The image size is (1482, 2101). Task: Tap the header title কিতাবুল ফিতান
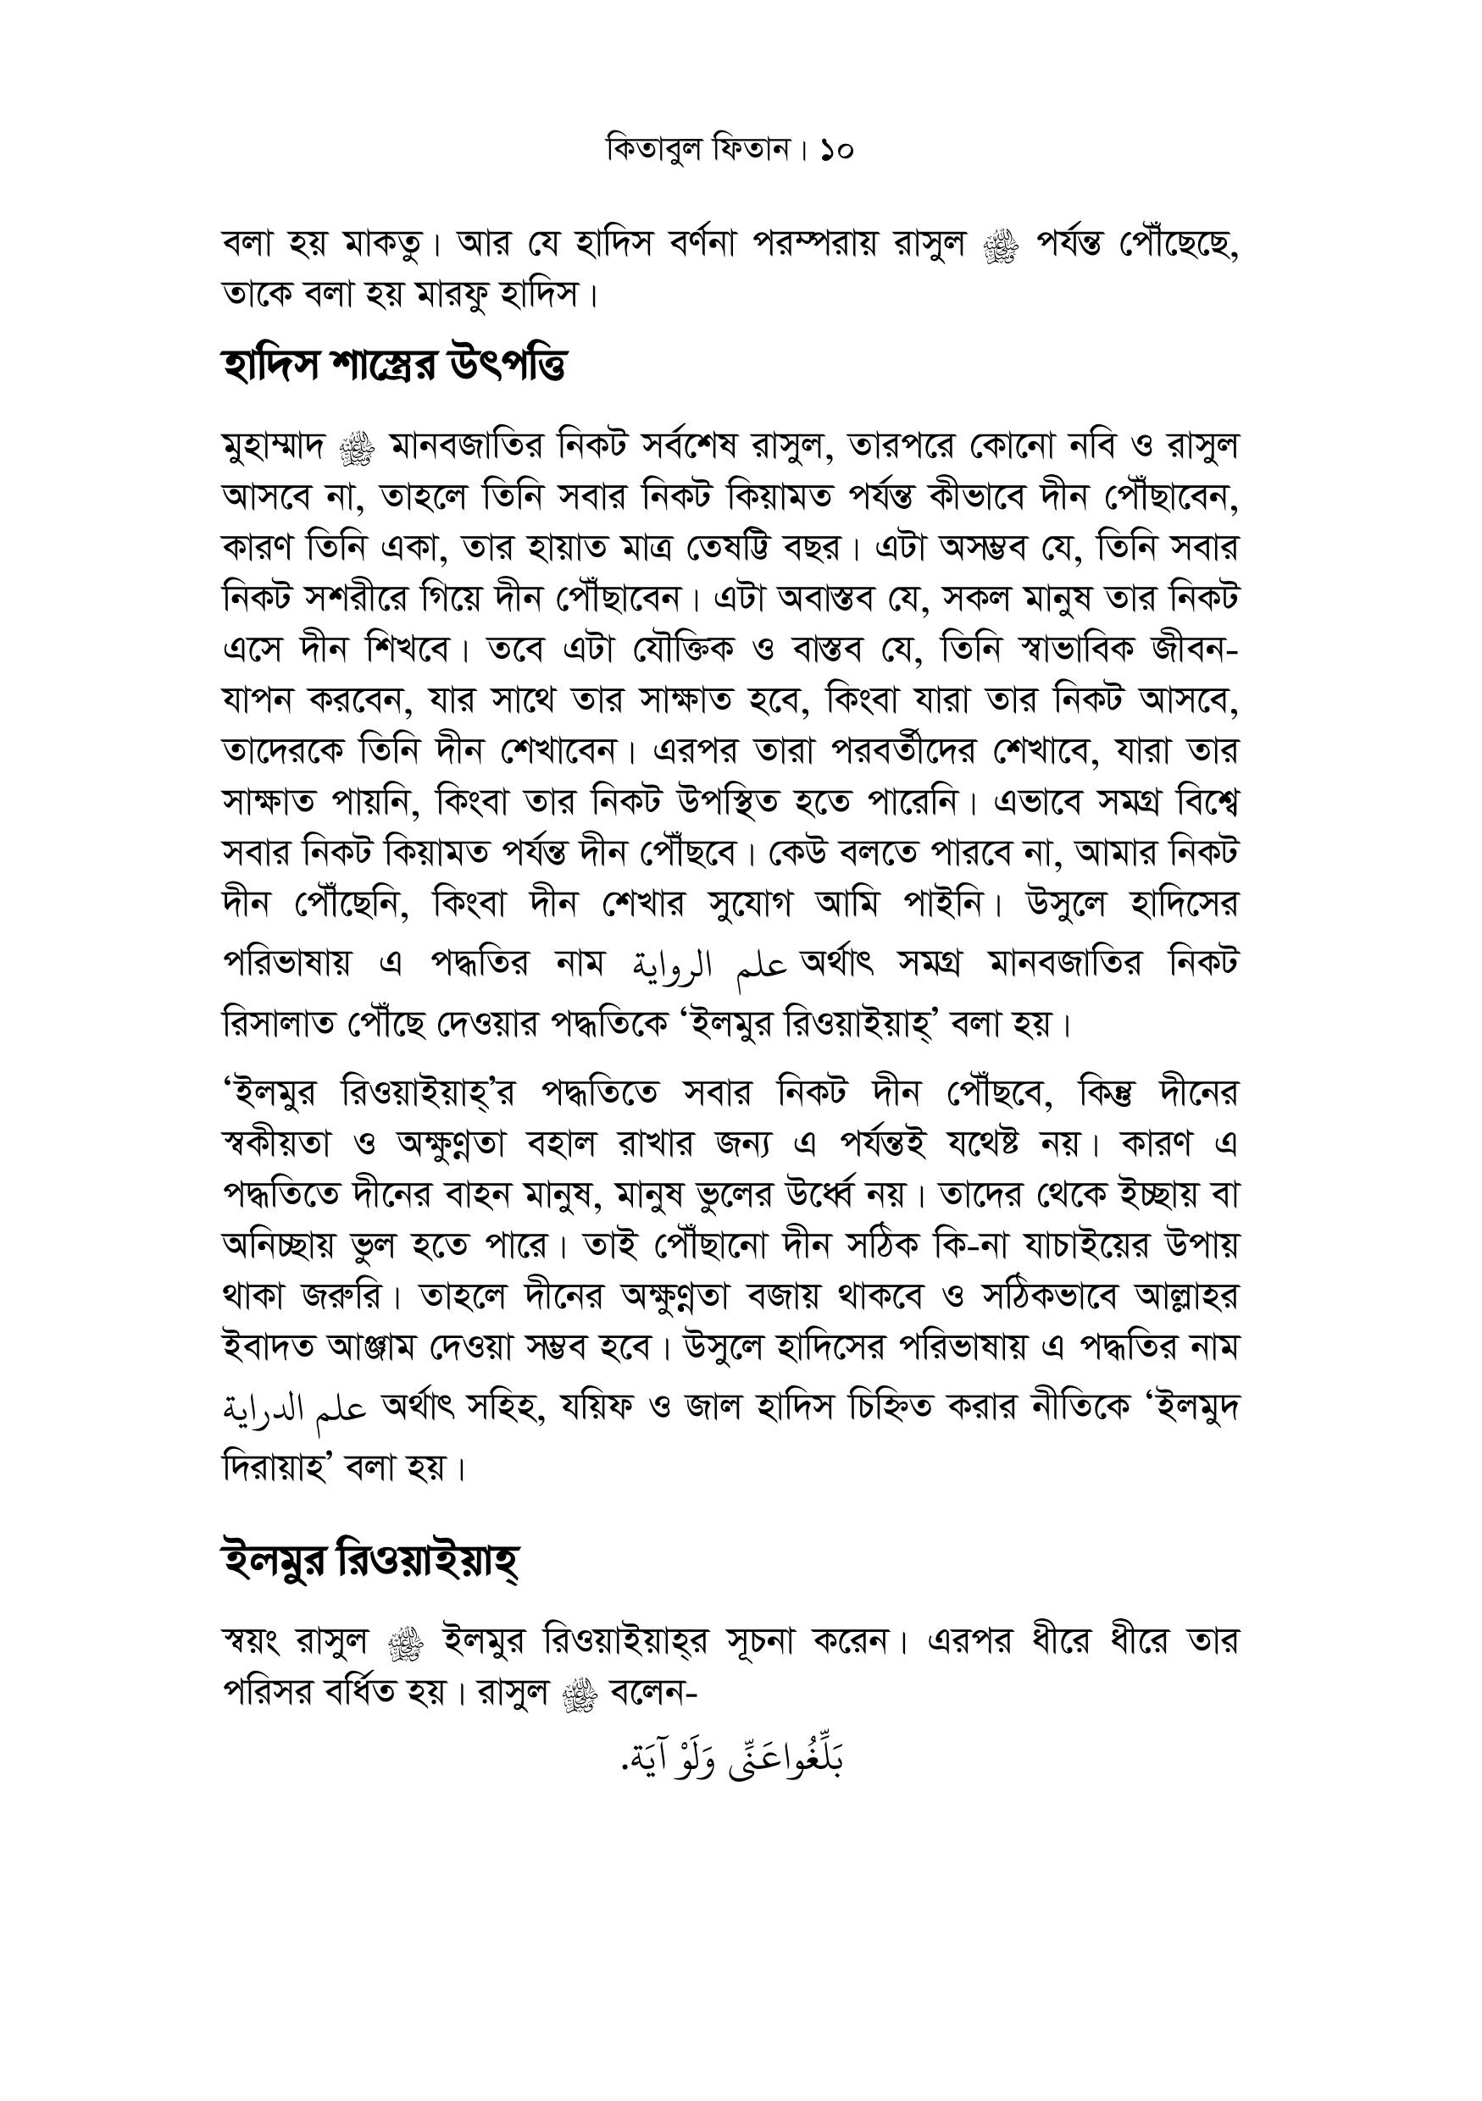(697, 149)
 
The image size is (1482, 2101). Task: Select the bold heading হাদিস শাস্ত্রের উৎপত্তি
(394, 366)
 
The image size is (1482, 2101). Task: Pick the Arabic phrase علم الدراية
(295, 1410)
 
